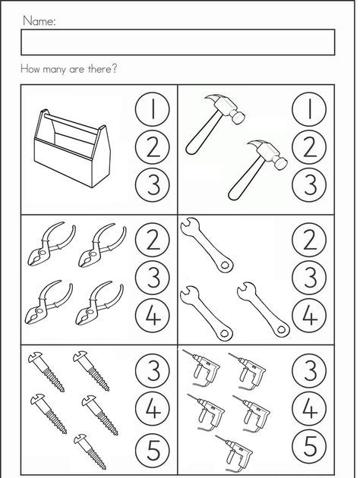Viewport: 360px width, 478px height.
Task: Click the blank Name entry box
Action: (x=178, y=42)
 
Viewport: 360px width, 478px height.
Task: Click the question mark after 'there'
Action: (x=113, y=68)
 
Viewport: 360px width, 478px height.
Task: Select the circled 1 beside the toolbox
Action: (x=153, y=109)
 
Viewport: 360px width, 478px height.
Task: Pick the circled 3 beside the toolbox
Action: (x=153, y=185)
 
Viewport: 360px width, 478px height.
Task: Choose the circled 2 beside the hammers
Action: (x=309, y=147)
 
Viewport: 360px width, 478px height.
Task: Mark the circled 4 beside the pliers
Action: (x=153, y=316)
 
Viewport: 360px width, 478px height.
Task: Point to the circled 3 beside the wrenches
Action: (x=309, y=278)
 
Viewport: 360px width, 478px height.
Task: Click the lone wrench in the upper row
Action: (x=207, y=244)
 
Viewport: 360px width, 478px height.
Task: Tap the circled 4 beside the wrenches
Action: (x=309, y=316)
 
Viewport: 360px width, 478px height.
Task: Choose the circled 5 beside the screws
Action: (x=153, y=447)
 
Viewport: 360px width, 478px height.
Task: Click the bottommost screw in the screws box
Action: (x=90, y=451)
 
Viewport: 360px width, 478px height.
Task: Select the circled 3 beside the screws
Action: (x=153, y=371)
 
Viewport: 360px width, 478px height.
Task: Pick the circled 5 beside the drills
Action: (x=309, y=447)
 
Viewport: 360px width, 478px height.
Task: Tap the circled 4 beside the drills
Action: (x=309, y=409)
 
